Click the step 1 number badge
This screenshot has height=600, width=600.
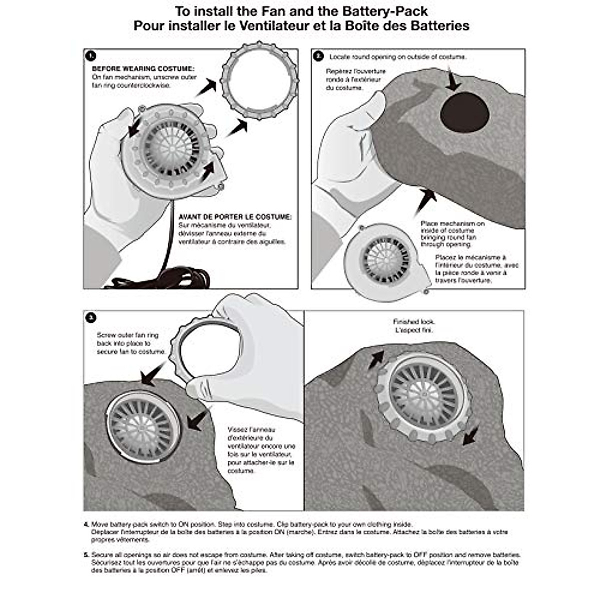click(x=91, y=56)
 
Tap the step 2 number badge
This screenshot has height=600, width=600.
click(x=318, y=56)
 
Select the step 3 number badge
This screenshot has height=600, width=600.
click(x=91, y=317)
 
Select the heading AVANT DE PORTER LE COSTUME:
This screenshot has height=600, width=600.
click(x=234, y=217)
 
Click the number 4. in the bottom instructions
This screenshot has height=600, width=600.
click(x=86, y=524)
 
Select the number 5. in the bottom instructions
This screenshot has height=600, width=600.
click(x=86, y=554)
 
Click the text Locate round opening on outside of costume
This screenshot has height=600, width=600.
click(x=397, y=57)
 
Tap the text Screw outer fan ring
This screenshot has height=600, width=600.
click(x=127, y=335)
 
